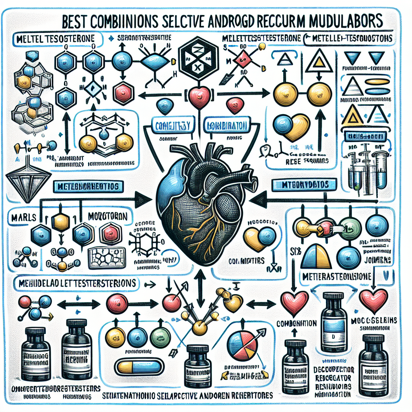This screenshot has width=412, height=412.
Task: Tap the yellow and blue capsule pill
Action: (x=137, y=367)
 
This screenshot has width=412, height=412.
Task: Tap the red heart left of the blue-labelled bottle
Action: (x=295, y=300)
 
